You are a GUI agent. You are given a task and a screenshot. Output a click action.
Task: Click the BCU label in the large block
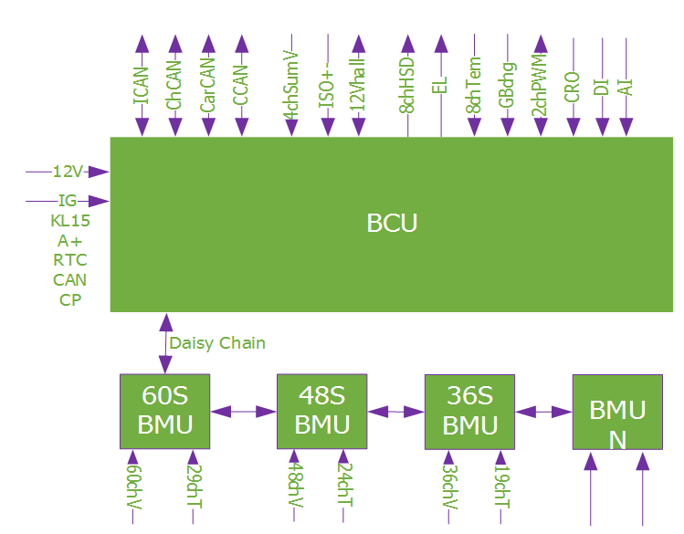coord(392,223)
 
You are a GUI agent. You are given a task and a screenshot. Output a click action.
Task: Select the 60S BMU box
coord(165,410)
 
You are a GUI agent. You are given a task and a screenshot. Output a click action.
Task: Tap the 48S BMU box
coord(322,410)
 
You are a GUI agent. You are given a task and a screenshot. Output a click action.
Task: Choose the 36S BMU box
coord(471,411)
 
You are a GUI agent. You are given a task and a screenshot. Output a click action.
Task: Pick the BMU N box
coord(617,412)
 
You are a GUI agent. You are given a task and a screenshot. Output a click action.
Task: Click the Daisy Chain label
coord(217,343)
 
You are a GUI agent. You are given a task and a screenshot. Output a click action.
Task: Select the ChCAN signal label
coord(174,86)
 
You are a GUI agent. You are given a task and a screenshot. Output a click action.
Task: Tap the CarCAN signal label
coord(207,86)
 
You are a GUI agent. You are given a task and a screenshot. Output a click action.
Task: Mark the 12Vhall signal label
coord(358,85)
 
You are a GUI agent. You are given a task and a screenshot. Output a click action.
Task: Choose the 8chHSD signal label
coord(407,85)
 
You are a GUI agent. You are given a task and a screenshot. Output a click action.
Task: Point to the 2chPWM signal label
coord(540,86)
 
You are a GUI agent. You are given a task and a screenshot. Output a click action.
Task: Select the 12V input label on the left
coord(68,172)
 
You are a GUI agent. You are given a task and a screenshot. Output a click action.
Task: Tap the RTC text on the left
coord(70,260)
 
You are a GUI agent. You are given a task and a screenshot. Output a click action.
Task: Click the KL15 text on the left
coord(70,220)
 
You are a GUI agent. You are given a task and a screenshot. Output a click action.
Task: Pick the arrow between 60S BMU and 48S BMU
coord(244,412)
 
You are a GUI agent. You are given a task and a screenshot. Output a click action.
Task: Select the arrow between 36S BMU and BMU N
coord(544,412)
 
